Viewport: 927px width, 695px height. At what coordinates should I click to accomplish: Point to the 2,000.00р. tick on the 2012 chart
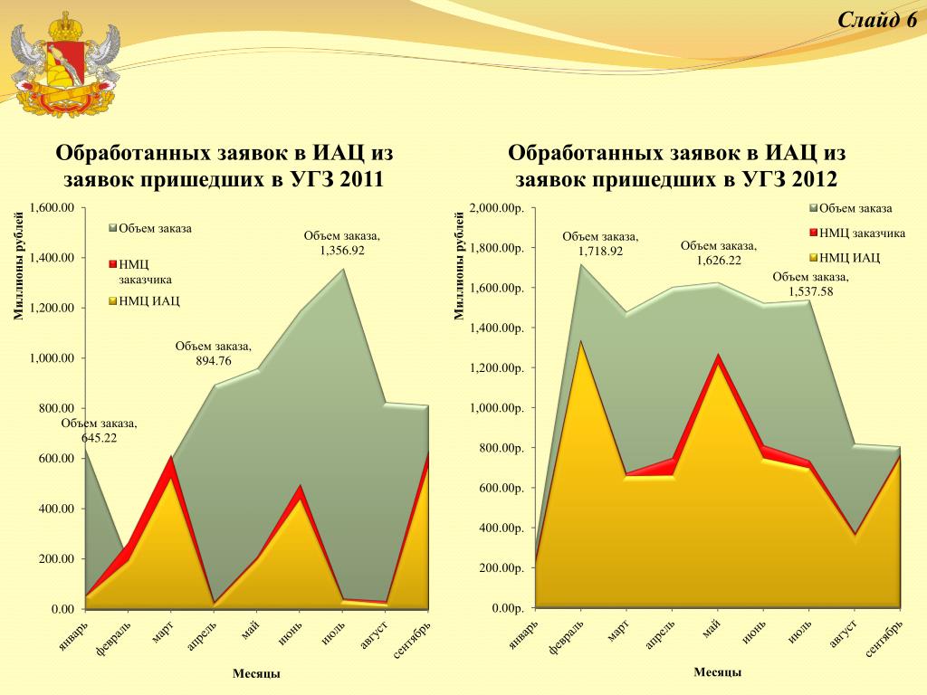pos(496,208)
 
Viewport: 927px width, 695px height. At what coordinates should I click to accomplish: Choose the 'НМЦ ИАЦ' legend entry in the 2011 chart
pos(148,300)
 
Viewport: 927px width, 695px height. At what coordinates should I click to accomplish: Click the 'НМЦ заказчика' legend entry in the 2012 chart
pos(861,233)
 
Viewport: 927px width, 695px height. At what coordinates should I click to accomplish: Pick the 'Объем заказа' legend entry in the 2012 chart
pos(855,209)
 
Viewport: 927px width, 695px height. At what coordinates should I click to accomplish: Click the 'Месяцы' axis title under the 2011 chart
pos(256,673)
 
